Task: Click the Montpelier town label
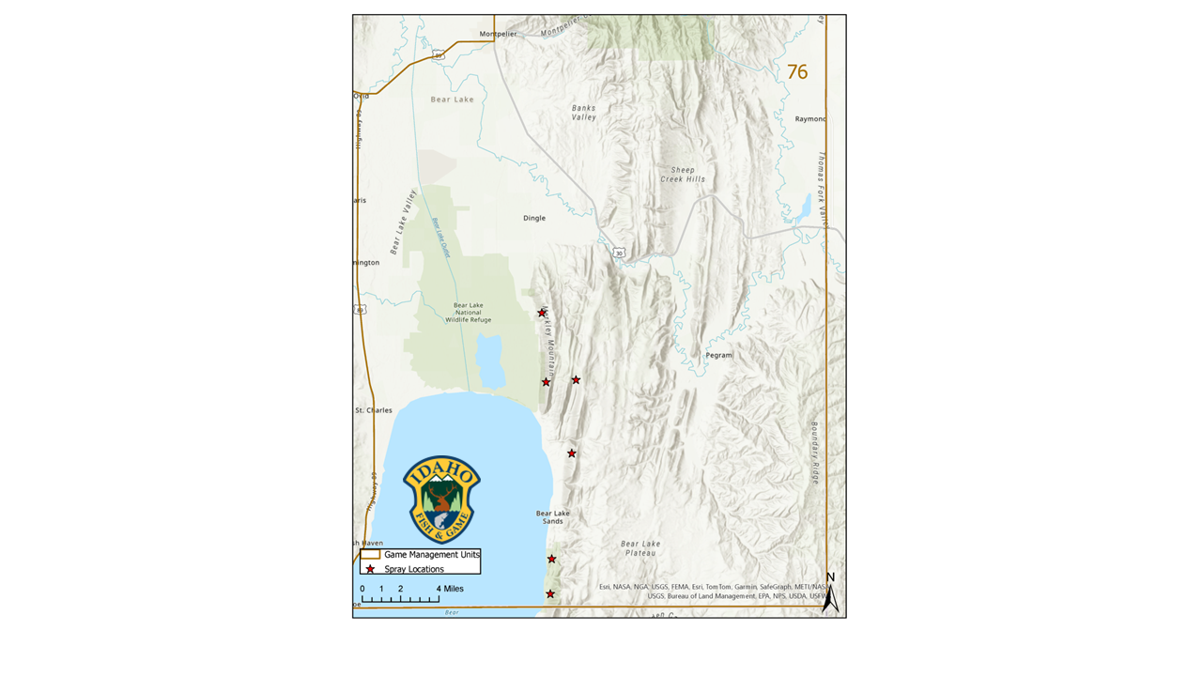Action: click(x=498, y=34)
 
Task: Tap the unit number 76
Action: click(x=797, y=72)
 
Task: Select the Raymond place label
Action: click(x=810, y=119)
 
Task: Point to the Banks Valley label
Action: click(x=584, y=113)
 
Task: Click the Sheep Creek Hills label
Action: click(x=683, y=175)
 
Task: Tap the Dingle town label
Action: click(x=534, y=218)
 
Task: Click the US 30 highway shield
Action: click(x=618, y=253)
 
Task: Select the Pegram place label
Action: click(x=718, y=356)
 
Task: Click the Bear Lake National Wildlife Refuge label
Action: click(x=468, y=313)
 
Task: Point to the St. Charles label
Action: click(x=373, y=410)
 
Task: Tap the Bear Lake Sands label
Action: click(x=552, y=517)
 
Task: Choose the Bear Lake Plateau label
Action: click(x=640, y=548)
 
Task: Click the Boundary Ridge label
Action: click(x=815, y=453)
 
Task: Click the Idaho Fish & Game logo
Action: click(x=441, y=499)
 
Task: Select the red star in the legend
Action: click(x=370, y=569)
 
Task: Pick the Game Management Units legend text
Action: click(x=431, y=555)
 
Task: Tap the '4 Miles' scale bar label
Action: click(x=449, y=589)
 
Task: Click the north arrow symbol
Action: click(x=830, y=593)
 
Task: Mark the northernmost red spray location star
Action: click(x=542, y=313)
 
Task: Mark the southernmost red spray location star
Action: click(x=550, y=594)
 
